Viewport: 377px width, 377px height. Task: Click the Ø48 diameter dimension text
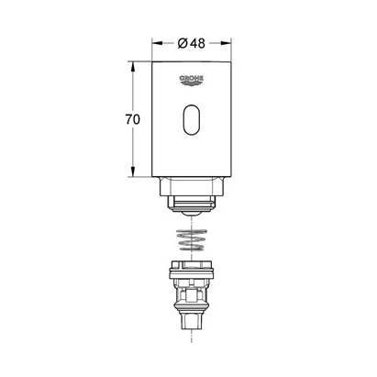point(192,43)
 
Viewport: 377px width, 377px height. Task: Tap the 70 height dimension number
point(132,119)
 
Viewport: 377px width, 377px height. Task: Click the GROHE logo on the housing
point(192,80)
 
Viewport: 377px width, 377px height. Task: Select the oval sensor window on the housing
point(192,119)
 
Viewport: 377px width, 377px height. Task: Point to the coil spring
point(192,239)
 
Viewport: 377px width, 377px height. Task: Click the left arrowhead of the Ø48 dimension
point(157,43)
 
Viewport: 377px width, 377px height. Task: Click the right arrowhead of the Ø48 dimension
point(227,43)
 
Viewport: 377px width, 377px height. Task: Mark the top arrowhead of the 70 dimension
point(132,66)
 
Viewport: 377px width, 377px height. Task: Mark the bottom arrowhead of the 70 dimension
point(132,172)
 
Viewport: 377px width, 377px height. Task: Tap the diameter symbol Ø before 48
point(183,43)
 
